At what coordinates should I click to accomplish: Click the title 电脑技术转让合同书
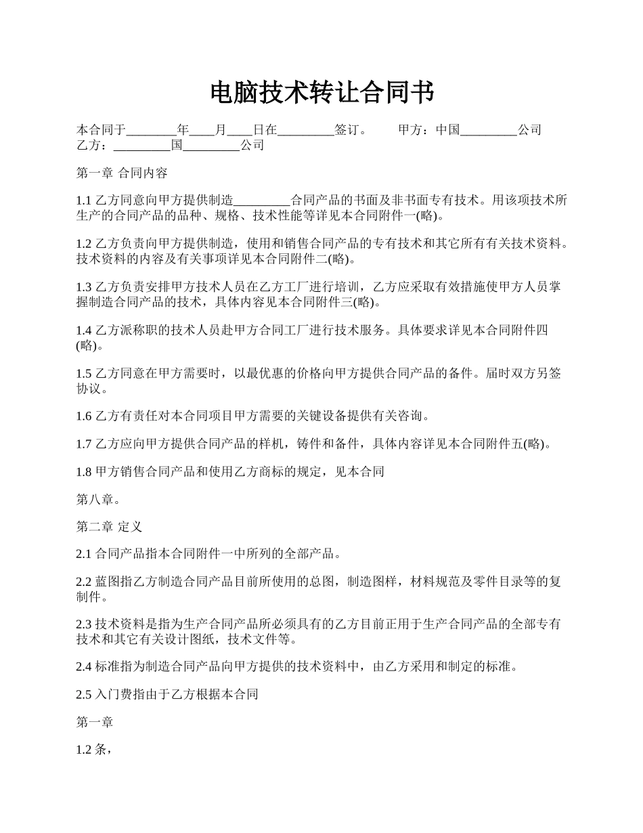[x=321, y=93]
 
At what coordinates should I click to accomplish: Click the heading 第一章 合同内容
[x=122, y=173]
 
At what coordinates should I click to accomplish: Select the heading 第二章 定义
[x=109, y=526]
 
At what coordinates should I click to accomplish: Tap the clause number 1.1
[x=84, y=200]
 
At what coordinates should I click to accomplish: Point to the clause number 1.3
[x=84, y=287]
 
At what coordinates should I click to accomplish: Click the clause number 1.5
[x=84, y=374]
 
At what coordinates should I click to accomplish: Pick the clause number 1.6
[x=84, y=416]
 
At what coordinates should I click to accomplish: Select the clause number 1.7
[x=84, y=444]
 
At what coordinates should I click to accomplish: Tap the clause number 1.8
[x=84, y=471]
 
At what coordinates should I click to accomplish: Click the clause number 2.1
[x=84, y=554]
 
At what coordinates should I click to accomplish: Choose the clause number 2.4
[x=84, y=666]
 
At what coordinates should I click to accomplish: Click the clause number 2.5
[x=84, y=694]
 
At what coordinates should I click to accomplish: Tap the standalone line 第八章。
[x=99, y=499]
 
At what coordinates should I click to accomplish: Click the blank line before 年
[x=151, y=130]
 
